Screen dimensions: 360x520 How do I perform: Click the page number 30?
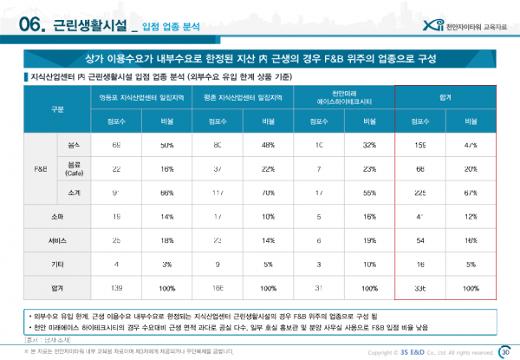(506, 350)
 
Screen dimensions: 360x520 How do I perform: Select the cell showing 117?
(218, 189)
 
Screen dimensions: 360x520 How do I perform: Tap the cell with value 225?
(420, 189)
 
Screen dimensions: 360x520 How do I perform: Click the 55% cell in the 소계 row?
(369, 189)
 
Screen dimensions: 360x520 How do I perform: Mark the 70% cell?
(268, 189)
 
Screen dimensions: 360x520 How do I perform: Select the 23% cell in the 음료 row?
(369, 166)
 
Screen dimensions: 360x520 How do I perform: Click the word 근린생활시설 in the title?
(89, 27)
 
